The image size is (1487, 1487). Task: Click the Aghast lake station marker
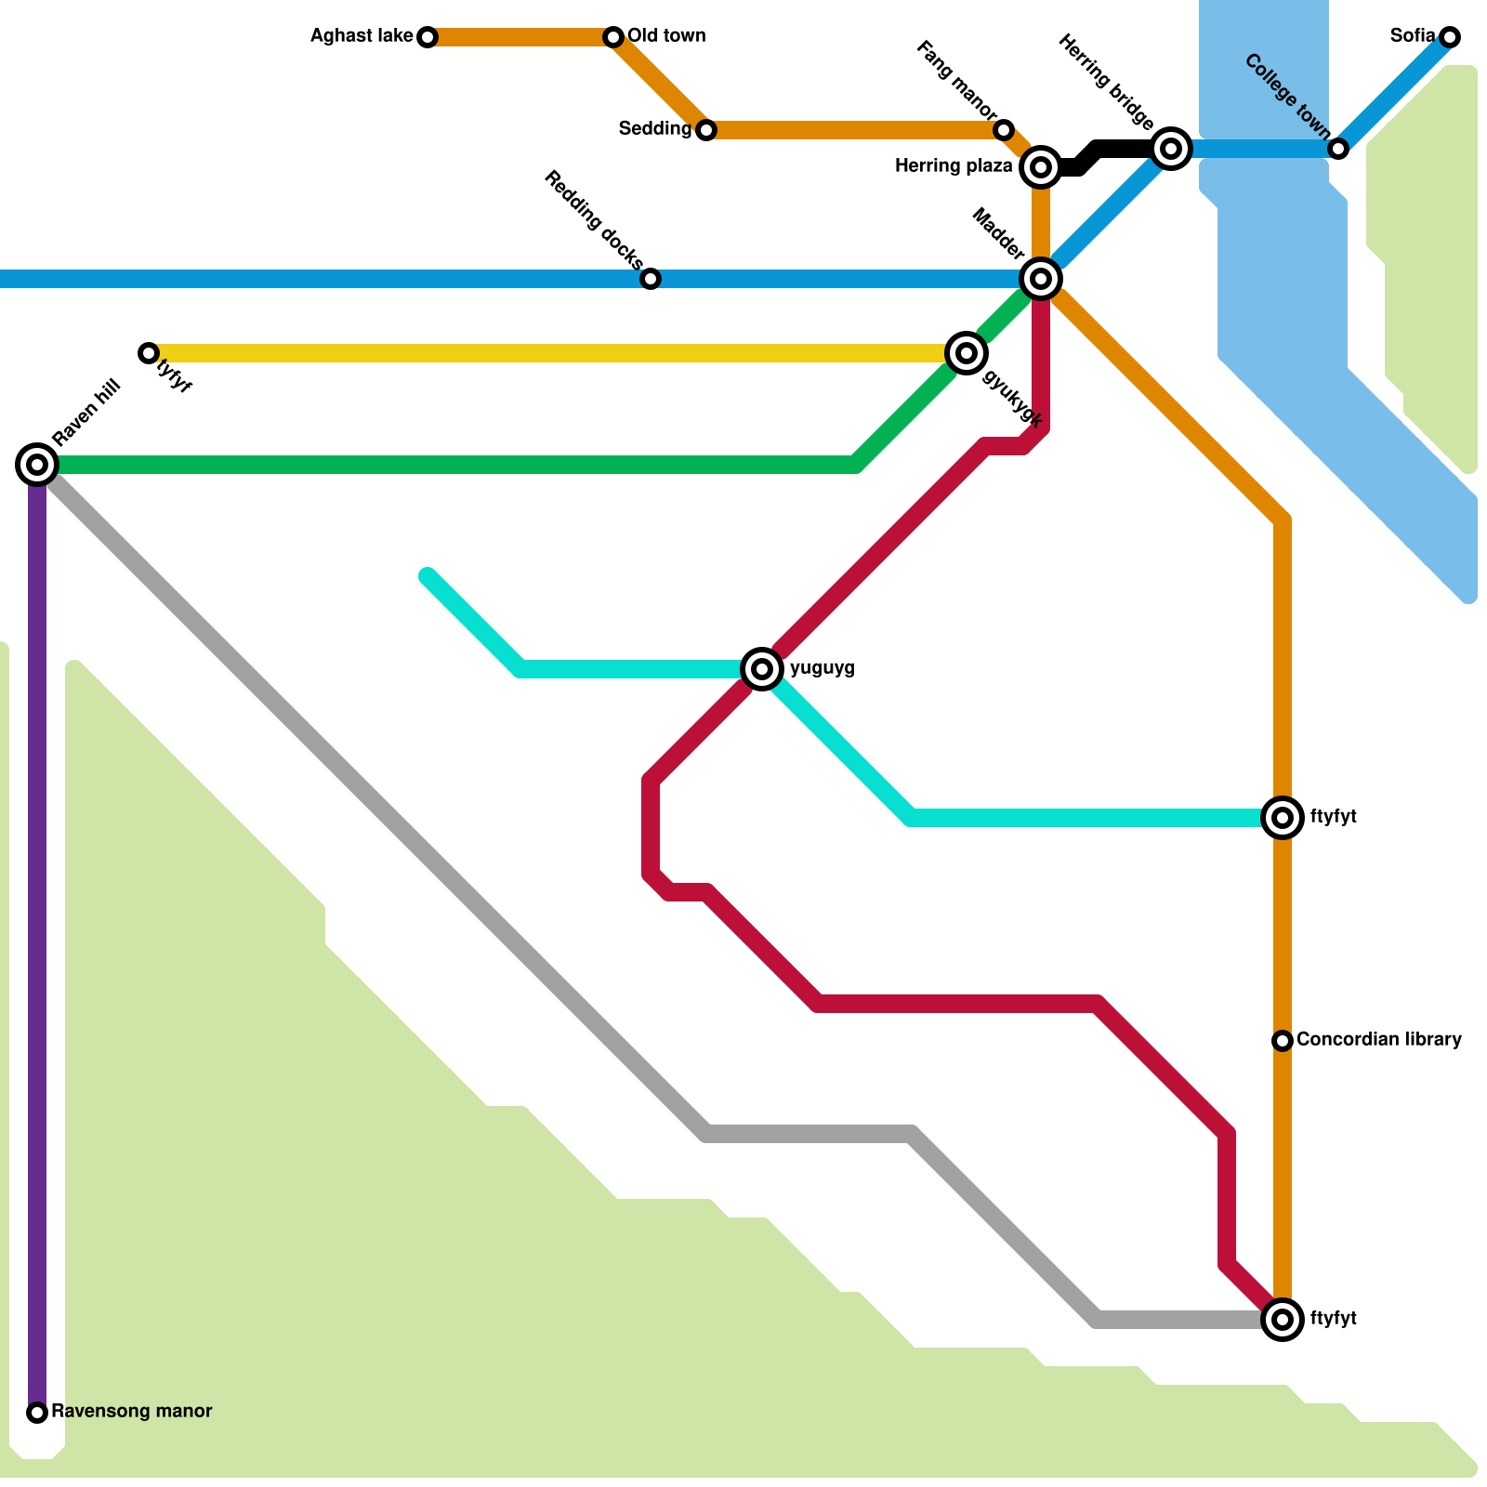tap(428, 37)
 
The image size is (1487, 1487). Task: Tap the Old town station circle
tap(613, 37)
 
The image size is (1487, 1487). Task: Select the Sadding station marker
tap(706, 130)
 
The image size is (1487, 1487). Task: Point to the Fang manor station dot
tap(1004, 130)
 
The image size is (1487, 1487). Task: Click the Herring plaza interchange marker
tap(1041, 167)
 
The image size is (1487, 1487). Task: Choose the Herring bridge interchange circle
tap(1171, 149)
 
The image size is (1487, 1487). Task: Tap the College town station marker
tap(1338, 149)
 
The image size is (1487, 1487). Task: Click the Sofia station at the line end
tap(1450, 37)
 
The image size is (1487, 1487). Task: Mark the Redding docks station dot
tap(651, 279)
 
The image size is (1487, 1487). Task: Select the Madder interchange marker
tap(1041, 279)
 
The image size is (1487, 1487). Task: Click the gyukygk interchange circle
tap(967, 353)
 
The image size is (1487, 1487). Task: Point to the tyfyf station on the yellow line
tap(149, 353)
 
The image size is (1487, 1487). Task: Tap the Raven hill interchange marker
tap(37, 465)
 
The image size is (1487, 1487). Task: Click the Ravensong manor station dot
tap(37, 1413)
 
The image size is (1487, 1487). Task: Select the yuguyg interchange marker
tap(762, 668)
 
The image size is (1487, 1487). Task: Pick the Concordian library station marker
tap(1283, 1041)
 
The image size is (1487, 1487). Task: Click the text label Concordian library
tap(1378, 1039)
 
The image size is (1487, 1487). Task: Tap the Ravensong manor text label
tap(131, 1411)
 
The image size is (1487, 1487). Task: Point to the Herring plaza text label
tap(953, 166)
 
